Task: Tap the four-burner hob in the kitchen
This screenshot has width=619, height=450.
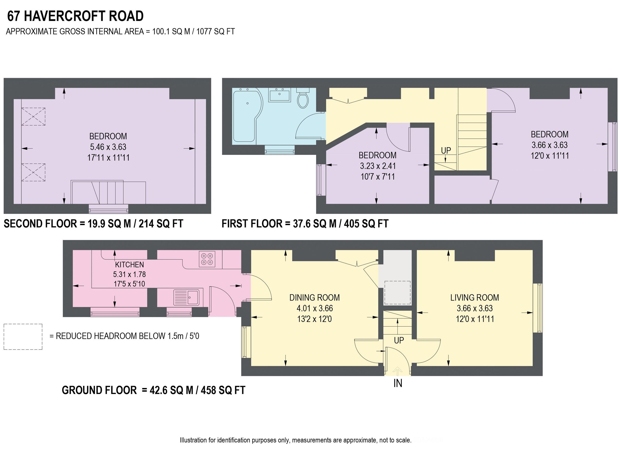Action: point(207,259)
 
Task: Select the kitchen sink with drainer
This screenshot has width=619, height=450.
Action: point(186,297)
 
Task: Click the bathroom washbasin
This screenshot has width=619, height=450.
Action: point(280,95)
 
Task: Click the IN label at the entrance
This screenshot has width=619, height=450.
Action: point(398,383)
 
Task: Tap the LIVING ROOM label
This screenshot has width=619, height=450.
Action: point(475,297)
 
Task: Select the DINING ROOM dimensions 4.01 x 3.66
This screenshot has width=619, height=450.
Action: point(315,308)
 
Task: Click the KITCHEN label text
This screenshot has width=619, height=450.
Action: point(129,264)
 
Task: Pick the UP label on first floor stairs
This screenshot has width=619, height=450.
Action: point(446,151)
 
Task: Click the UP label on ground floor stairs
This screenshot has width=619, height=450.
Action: point(399,340)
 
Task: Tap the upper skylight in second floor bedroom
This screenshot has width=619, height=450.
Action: point(33,117)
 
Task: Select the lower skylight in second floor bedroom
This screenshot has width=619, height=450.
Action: point(33,172)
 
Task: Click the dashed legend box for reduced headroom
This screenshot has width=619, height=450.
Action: point(23,337)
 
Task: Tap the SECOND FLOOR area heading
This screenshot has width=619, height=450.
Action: point(40,224)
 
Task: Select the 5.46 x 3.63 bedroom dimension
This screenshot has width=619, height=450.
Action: point(108,147)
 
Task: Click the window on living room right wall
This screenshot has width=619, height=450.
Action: point(537,308)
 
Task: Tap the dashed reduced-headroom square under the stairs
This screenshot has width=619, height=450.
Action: point(397,293)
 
